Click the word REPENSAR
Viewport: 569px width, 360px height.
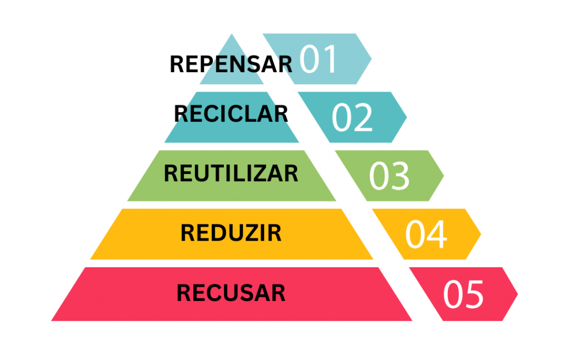point(231,64)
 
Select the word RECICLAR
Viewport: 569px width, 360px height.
point(231,113)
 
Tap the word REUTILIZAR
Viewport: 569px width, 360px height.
point(231,173)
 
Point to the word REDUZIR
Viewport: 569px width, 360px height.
point(231,233)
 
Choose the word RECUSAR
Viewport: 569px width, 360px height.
point(231,293)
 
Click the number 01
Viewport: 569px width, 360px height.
point(318,59)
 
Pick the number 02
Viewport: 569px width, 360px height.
point(352,117)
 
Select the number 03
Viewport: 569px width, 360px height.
point(389,176)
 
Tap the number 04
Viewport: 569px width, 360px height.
point(426,234)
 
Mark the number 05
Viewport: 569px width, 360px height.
point(463,294)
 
